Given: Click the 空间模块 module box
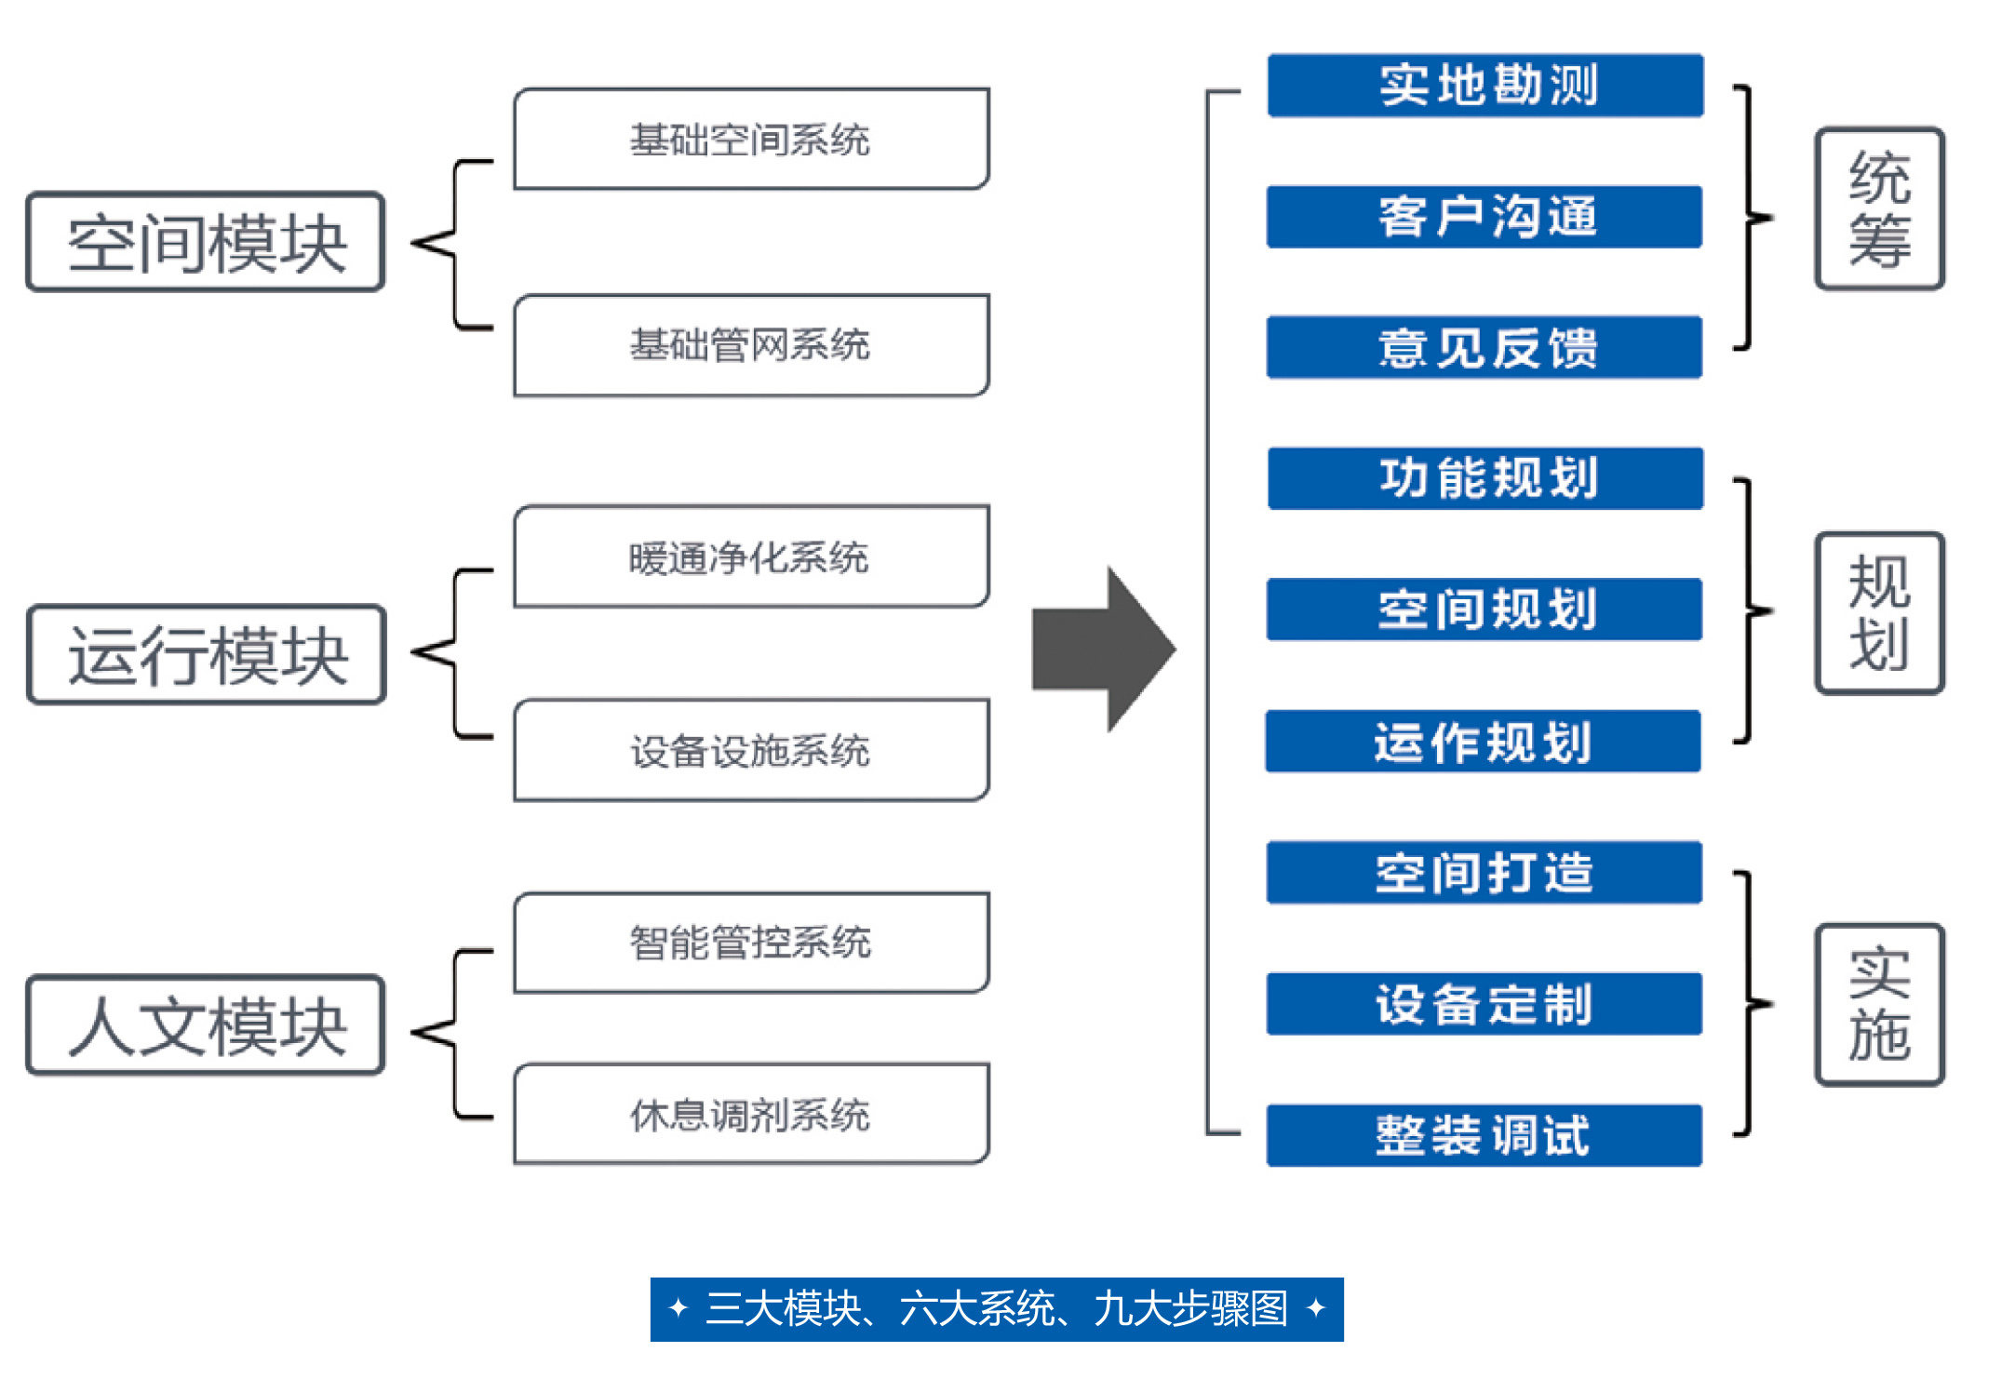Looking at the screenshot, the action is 206,242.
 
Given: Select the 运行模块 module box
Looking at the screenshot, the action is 207,654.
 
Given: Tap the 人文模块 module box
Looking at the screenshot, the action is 206,1024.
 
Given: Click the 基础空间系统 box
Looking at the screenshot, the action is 751,139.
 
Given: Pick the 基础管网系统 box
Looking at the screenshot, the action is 751,345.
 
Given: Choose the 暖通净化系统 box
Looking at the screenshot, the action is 751,556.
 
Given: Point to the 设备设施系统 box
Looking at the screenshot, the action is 751,750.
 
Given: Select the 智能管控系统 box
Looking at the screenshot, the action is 751,943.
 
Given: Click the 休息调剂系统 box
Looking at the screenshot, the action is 751,1114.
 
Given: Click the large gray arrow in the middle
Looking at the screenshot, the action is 1104,649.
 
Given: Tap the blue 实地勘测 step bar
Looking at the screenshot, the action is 1485,86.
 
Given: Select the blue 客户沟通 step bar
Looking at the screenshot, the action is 1484,217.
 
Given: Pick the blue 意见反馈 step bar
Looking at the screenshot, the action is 1484,348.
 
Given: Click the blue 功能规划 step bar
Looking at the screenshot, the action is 1485,478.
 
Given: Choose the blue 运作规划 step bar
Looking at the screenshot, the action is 1484,742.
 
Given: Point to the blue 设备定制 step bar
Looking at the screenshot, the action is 1484,1004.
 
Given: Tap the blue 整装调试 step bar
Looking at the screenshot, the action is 1484,1135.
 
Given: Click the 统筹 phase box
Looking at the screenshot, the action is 1880,208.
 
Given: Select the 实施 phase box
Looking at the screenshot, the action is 1880,1005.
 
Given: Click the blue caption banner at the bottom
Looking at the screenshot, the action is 997,1309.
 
